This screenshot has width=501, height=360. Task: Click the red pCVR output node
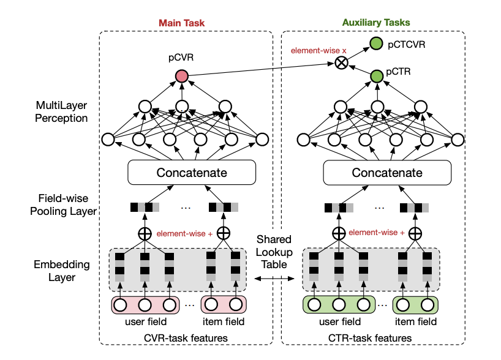coord(181,76)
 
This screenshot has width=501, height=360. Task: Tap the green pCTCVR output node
coord(376,44)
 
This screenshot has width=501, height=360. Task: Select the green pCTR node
coord(376,76)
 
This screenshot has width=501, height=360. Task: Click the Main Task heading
coord(181,23)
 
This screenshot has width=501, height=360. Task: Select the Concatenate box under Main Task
coord(192,173)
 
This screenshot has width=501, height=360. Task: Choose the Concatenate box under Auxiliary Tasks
coord(386,173)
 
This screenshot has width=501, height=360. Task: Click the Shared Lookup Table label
coord(274,252)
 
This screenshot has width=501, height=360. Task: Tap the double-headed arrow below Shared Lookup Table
coord(274,279)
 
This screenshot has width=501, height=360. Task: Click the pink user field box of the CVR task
coord(145,304)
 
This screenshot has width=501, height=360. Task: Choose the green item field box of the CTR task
coord(416,304)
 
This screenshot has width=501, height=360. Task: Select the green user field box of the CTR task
coord(338,304)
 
